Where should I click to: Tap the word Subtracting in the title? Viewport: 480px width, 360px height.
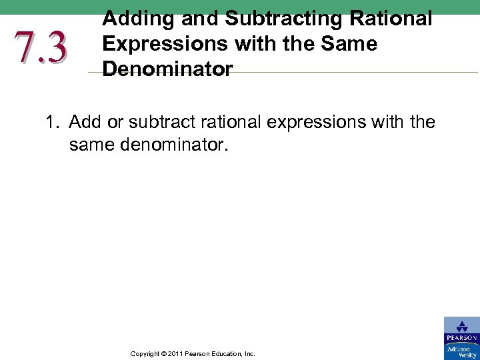coord(279,19)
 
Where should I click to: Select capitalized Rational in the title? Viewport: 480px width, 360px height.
coord(397,19)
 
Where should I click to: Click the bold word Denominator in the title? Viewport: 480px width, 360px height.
coord(167,69)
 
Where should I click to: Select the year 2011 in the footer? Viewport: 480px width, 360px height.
coord(175,354)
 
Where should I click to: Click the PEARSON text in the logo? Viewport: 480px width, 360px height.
coord(461,339)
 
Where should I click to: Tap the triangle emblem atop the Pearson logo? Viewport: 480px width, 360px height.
coord(461,327)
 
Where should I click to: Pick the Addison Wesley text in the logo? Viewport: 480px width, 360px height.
coord(461,351)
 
